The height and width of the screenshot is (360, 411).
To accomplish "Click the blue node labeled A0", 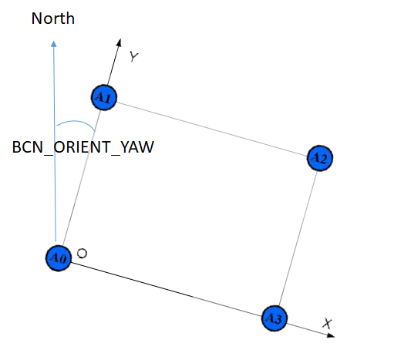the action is tap(59, 258).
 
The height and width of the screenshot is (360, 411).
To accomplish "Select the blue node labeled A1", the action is tap(104, 97).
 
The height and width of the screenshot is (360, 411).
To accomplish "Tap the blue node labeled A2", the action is tap(320, 158).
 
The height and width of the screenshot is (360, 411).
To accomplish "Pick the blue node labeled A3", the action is tap(275, 318).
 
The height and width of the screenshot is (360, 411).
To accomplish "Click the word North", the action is tap(53, 19).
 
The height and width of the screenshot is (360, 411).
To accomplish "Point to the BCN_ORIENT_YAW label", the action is tap(83, 147).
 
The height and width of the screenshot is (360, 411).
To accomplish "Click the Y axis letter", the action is tap(134, 56).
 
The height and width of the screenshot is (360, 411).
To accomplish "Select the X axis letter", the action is tap(327, 323).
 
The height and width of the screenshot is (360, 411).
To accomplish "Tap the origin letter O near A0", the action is tap(82, 254).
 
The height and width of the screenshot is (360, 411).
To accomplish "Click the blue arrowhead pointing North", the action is tap(54, 44).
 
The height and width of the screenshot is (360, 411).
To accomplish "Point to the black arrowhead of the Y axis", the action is tap(119, 42).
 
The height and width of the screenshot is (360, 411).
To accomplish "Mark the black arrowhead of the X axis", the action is tap(331, 335).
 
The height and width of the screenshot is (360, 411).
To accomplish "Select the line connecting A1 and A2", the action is tap(212, 130).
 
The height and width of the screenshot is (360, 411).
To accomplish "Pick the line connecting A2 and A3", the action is tap(298, 238).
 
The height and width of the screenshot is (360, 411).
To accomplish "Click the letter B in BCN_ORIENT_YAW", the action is tap(16, 147).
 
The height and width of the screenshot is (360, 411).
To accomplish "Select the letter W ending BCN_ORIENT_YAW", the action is tap(147, 147).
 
